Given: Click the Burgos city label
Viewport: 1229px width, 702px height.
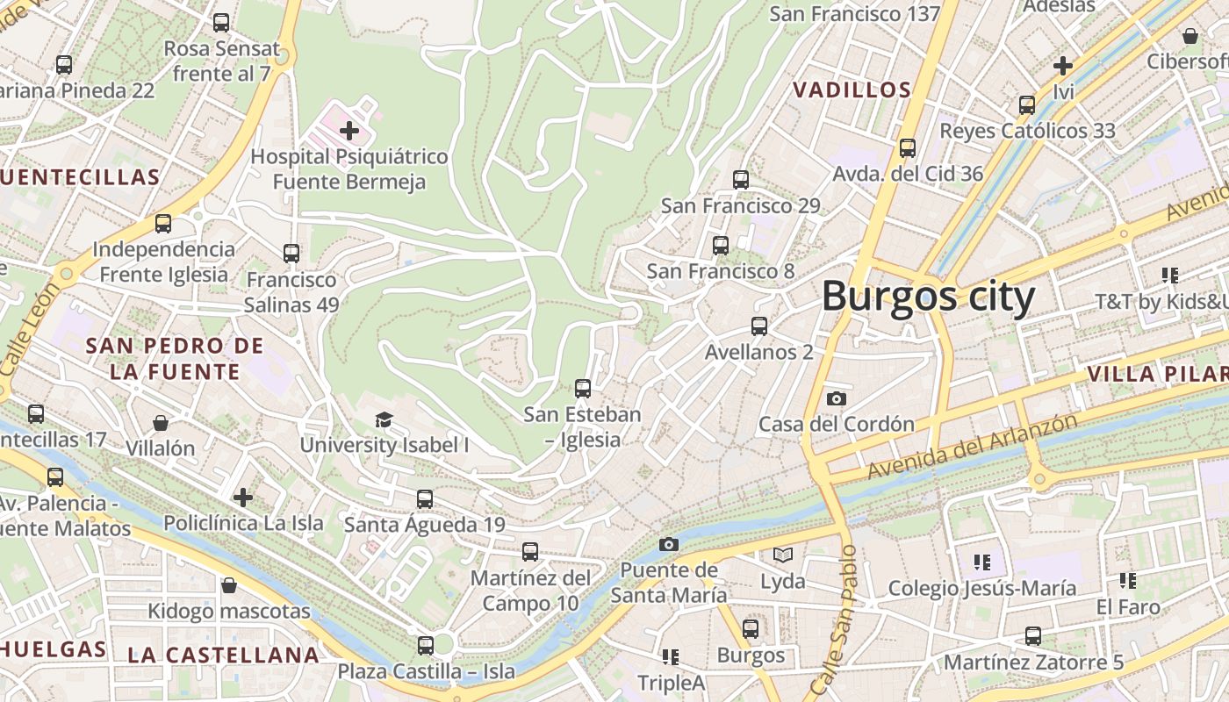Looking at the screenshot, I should click(929, 297).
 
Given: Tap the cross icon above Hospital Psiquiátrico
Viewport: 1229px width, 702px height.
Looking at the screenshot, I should click(349, 132).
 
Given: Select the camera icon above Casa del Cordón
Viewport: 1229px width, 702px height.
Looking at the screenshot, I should click(837, 399).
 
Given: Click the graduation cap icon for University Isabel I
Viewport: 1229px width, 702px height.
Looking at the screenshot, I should click(384, 419).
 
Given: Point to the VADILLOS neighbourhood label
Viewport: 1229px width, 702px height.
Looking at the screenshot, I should click(852, 90).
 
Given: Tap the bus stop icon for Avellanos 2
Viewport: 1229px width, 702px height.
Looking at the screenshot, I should click(759, 326).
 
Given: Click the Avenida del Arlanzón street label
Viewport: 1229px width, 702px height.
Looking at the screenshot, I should click(972, 447).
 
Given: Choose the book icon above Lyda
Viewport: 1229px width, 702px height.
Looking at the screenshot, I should click(782, 555).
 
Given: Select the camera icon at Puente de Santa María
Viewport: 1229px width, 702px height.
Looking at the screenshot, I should click(669, 545).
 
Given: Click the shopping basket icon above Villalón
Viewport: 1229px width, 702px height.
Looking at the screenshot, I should click(161, 423).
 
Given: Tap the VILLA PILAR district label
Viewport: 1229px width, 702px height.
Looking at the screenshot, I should click(1157, 375).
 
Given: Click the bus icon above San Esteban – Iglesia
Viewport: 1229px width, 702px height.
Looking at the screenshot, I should click(582, 388).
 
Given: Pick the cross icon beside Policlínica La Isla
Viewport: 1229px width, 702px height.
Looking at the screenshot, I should click(243, 498).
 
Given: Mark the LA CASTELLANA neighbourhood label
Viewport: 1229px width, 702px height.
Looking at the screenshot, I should click(223, 655).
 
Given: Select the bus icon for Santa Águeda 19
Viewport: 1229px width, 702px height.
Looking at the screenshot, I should click(425, 499).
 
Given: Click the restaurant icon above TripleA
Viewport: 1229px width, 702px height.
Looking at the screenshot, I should click(671, 657).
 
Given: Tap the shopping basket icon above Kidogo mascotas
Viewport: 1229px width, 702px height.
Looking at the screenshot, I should click(229, 585).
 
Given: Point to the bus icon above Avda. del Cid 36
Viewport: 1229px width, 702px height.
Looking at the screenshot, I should click(908, 148).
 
